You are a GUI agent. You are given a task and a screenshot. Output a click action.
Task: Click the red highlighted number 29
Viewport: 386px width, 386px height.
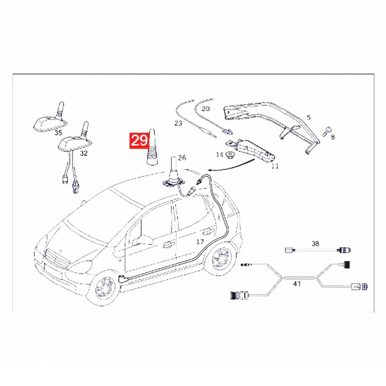pyautogui.click(x=138, y=141)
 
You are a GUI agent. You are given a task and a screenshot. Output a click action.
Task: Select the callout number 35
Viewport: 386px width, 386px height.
pyautogui.click(x=58, y=133)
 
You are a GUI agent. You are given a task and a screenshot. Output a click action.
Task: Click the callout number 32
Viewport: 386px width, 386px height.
pyautogui.click(x=84, y=153)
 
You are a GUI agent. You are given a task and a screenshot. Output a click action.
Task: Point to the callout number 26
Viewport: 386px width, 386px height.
pyautogui.click(x=182, y=158)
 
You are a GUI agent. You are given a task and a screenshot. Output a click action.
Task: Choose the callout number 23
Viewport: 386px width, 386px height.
pyautogui.click(x=178, y=123)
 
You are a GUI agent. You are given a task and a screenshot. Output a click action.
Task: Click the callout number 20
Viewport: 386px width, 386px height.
pyautogui.click(x=205, y=109)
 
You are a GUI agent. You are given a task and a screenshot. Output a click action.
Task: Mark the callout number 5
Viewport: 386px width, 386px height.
pyautogui.click(x=308, y=118)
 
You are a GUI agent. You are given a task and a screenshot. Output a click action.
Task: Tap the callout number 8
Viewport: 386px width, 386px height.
pyautogui.click(x=332, y=137)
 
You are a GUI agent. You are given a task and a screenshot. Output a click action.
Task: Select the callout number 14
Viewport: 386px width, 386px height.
pyautogui.click(x=220, y=154)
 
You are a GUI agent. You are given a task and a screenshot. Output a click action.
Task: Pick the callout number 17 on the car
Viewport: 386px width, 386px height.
pyautogui.click(x=200, y=242)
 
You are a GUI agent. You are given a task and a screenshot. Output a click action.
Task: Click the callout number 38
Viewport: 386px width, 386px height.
pyautogui.click(x=315, y=243)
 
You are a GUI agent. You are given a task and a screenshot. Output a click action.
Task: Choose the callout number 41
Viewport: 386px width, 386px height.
pyautogui.click(x=297, y=283)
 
